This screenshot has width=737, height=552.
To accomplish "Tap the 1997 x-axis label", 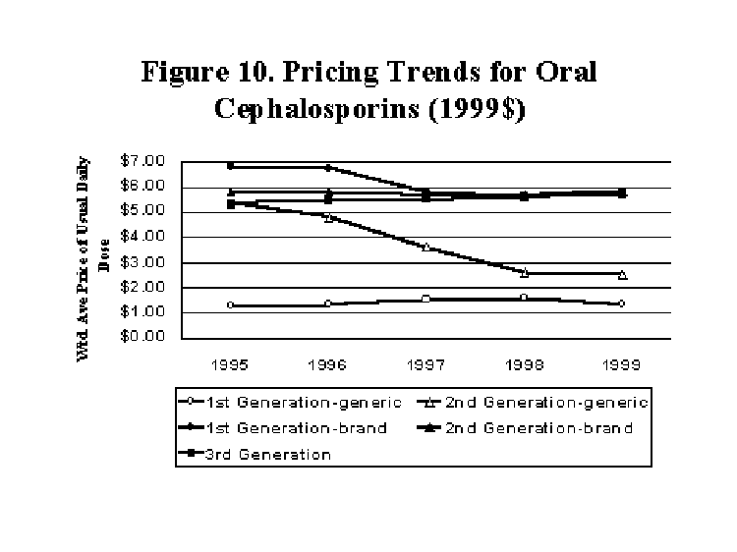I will (x=425, y=364).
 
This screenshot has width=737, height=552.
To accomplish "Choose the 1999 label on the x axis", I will (x=622, y=364).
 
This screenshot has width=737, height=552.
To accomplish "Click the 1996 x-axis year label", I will (x=328, y=364).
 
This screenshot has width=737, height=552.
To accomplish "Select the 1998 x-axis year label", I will (x=524, y=364).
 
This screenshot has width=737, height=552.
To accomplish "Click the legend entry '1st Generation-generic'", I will (x=275, y=402).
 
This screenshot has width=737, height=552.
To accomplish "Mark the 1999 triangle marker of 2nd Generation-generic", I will (x=622, y=274).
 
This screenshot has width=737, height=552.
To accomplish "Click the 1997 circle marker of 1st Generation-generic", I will (x=425, y=299).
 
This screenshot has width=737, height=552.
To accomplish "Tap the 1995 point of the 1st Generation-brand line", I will (x=230, y=166).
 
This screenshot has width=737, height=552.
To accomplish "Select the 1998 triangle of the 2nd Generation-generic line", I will (x=524, y=272).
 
